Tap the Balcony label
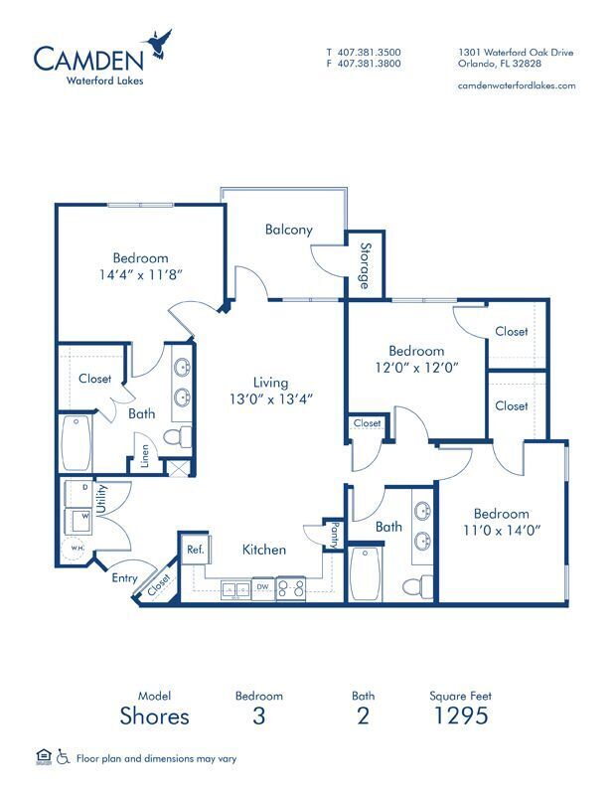click(x=289, y=230)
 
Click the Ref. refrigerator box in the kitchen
click(x=194, y=550)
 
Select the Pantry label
click(x=335, y=535)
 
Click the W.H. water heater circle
click(x=77, y=551)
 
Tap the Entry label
click(x=124, y=577)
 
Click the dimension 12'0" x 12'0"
click(x=416, y=366)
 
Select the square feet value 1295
click(x=459, y=716)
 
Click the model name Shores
click(x=154, y=716)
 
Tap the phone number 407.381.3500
click(x=370, y=53)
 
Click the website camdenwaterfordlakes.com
click(x=517, y=85)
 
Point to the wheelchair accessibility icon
click(x=64, y=758)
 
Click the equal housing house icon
click(x=43, y=758)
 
